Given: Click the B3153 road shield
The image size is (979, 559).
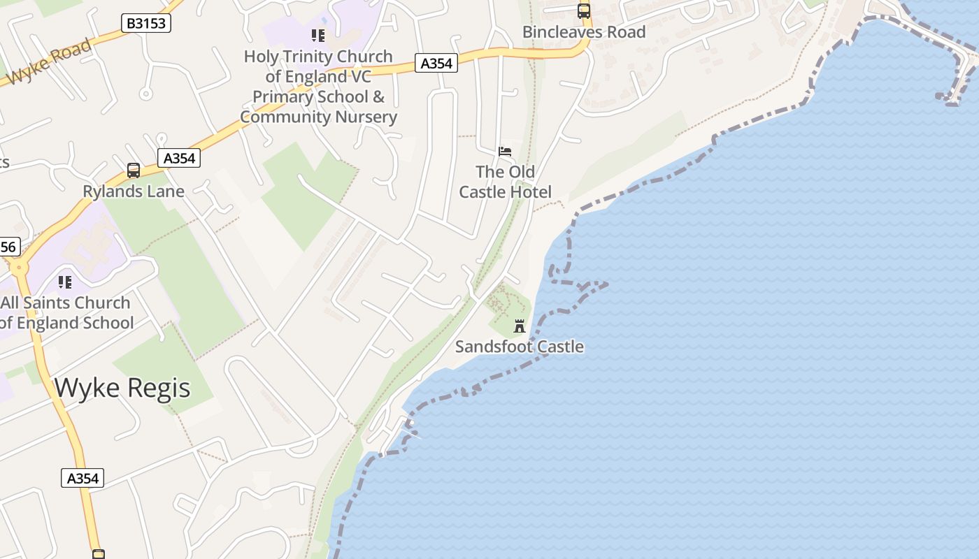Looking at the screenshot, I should pyautogui.click(x=146, y=23).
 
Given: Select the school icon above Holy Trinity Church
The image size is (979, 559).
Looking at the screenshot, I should pyautogui.click(x=318, y=35).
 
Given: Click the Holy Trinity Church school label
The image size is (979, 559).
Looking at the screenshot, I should pyautogui.click(x=318, y=87).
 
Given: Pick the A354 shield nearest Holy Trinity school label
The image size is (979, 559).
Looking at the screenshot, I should pyautogui.click(x=436, y=63).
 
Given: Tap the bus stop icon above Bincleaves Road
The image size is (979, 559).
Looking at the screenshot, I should pyautogui.click(x=583, y=11).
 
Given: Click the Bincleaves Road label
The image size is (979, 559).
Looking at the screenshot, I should pyautogui.click(x=584, y=32).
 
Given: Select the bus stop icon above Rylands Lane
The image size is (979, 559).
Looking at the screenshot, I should pyautogui.click(x=133, y=170).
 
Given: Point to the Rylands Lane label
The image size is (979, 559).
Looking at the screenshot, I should pyautogui.click(x=134, y=191).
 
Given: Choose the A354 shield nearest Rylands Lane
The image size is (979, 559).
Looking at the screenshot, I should pyautogui.click(x=179, y=158).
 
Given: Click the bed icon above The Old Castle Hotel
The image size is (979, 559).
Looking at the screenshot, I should pyautogui.click(x=505, y=151).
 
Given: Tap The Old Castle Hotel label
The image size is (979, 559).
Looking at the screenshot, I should pyautogui.click(x=505, y=182).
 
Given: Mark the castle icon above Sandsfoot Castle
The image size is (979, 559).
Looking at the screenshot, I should pyautogui.click(x=520, y=326).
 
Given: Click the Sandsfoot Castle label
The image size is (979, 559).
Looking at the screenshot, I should pyautogui.click(x=520, y=347).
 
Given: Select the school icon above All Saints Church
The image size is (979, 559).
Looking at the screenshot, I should pyautogui.click(x=65, y=282).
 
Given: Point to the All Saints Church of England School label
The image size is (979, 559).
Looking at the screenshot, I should pyautogui.click(x=66, y=313).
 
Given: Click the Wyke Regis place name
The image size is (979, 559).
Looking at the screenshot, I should pyautogui.click(x=122, y=387).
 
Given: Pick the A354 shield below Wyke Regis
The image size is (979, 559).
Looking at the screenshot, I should pyautogui.click(x=83, y=478).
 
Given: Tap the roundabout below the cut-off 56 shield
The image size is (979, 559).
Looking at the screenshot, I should pyautogui.click(x=18, y=267).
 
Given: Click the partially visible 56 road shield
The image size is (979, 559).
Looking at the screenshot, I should pyautogui.click(x=8, y=247).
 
